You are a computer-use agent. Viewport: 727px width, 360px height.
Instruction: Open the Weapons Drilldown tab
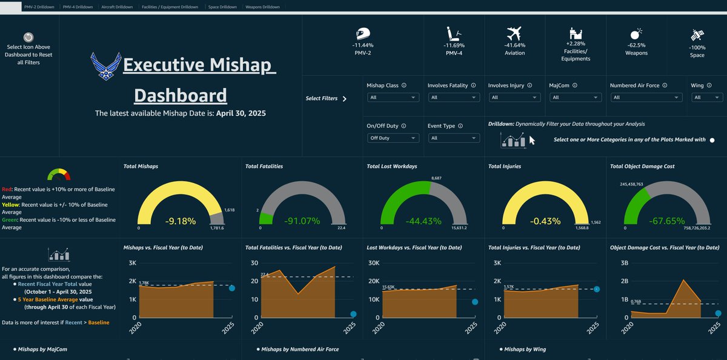tap(262, 7)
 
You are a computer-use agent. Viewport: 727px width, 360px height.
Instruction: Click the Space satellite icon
tap(697, 35)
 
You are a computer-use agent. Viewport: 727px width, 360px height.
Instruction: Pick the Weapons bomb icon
tap(636, 34)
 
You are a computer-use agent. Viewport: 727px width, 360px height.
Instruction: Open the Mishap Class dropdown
tap(393, 98)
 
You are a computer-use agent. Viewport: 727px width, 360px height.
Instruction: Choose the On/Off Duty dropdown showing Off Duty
tap(393, 138)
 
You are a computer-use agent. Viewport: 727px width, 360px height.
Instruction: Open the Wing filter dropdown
tap(707, 98)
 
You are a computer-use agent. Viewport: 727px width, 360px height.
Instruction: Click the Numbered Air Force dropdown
tap(646, 98)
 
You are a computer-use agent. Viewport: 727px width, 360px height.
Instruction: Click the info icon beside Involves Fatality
tap(474, 85)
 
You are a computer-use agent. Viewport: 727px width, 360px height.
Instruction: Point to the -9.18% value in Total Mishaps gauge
tap(181, 221)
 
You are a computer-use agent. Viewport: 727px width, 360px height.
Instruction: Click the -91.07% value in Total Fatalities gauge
tap(302, 221)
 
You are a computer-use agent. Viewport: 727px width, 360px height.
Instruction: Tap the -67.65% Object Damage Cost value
tap(666, 221)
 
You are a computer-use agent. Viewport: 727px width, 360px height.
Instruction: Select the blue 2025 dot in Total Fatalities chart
tap(353, 314)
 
